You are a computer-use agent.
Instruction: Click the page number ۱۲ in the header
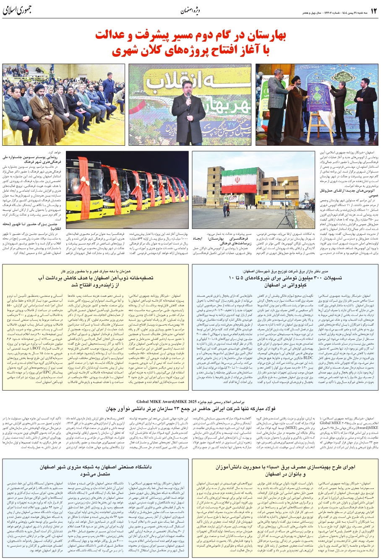pyautogui.click(x=373, y=11)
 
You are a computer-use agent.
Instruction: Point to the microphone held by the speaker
pyautogui.click(x=188, y=97)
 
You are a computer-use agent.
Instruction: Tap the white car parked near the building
pyautogui.click(x=303, y=206)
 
